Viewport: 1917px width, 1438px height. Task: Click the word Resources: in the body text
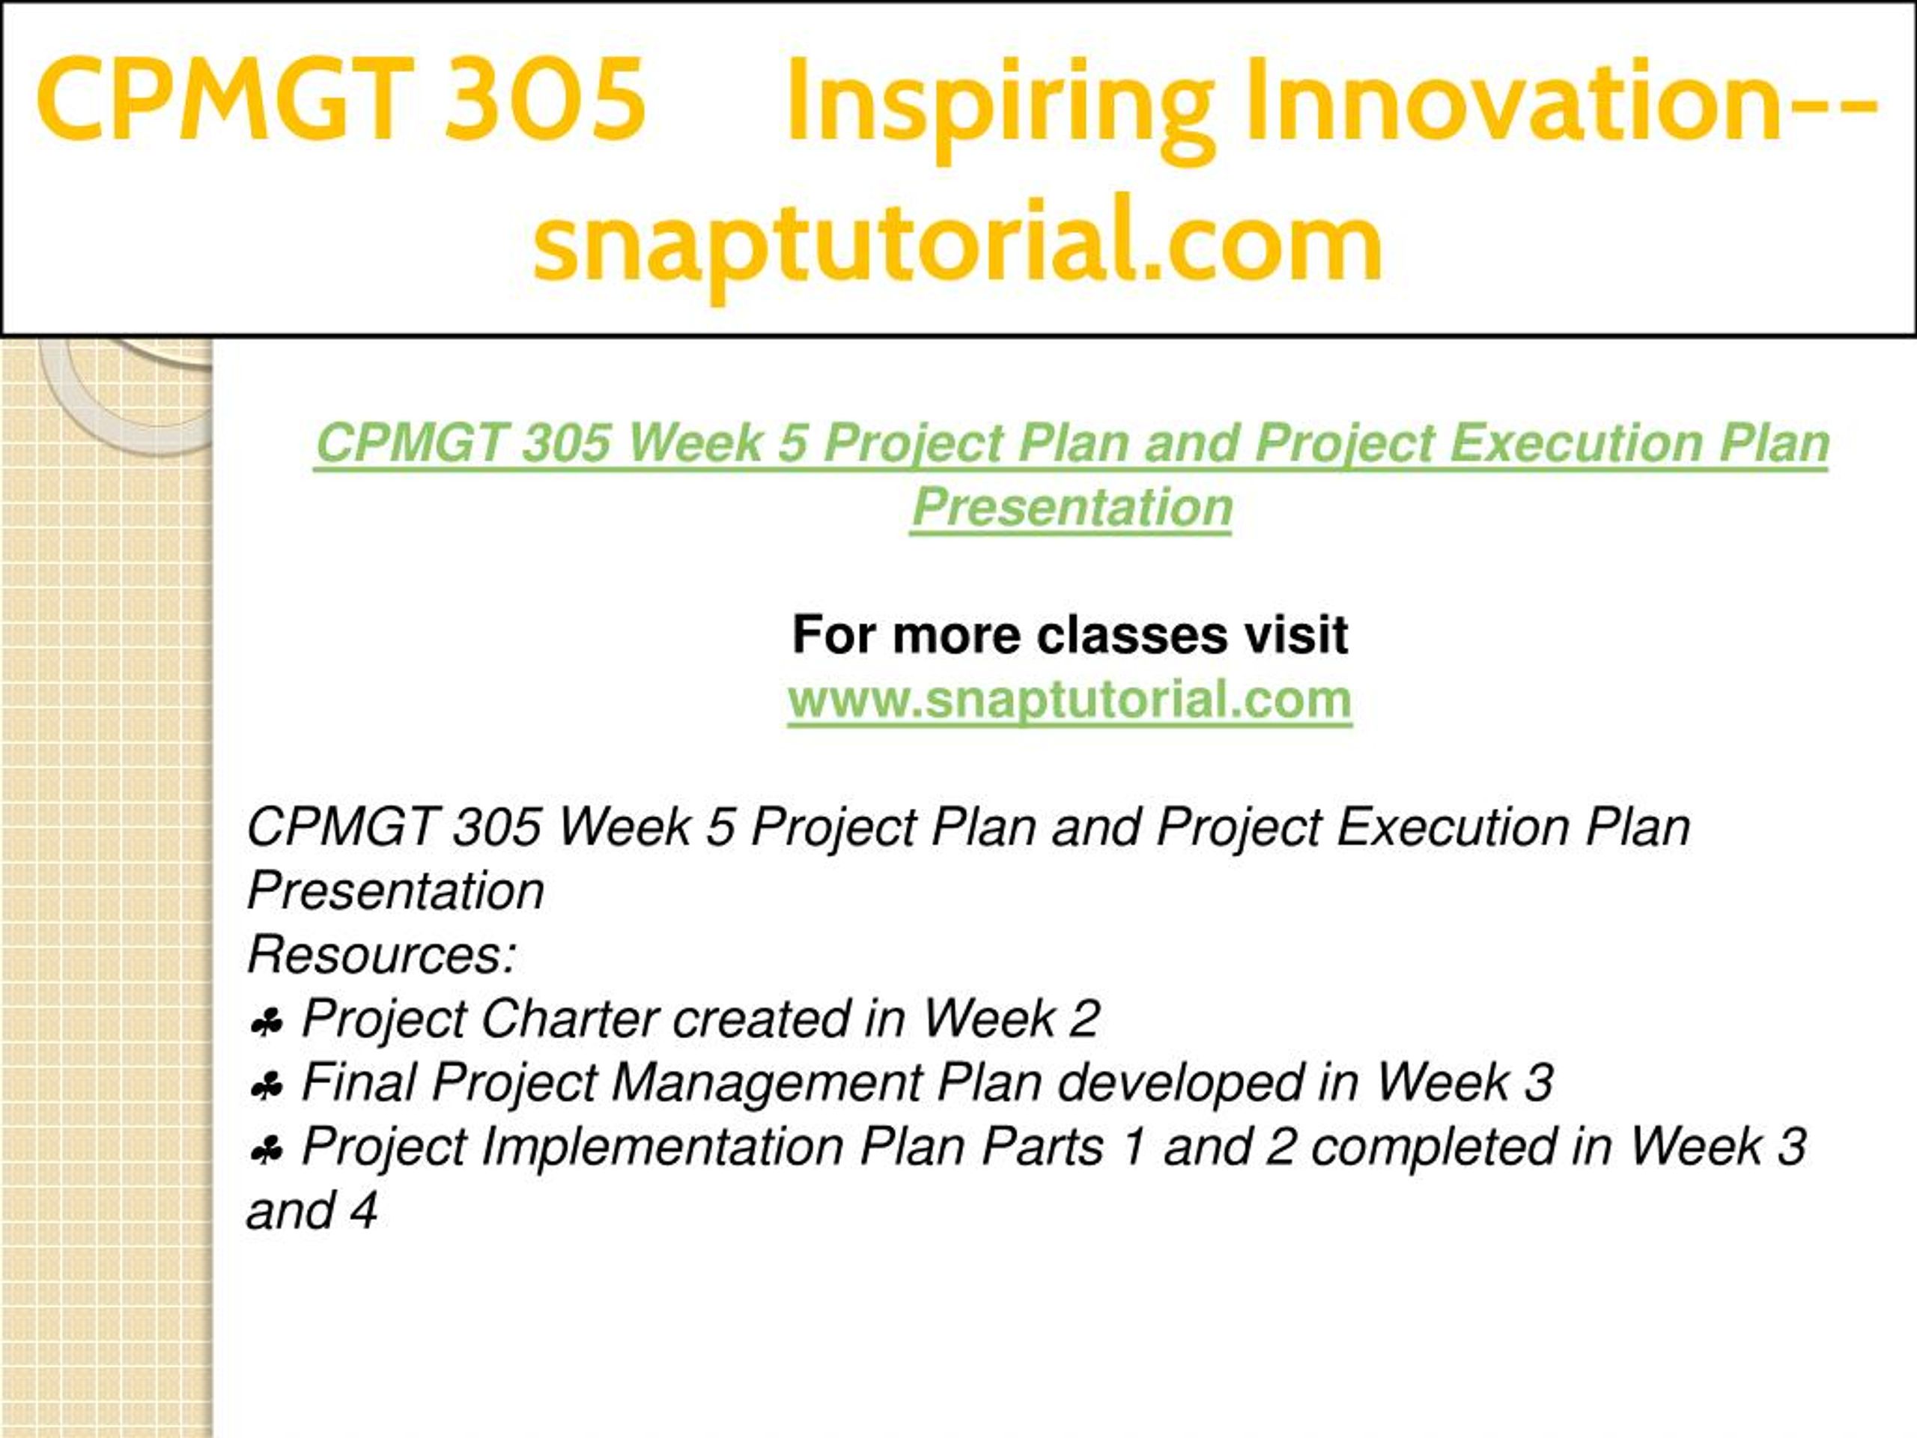[x=382, y=954]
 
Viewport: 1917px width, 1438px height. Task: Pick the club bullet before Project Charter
[x=265, y=1025]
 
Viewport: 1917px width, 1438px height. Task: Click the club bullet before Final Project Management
[x=265, y=1087]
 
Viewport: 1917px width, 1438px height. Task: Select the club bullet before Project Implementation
[x=265, y=1152]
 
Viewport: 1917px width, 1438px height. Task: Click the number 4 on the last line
[x=364, y=1211]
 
